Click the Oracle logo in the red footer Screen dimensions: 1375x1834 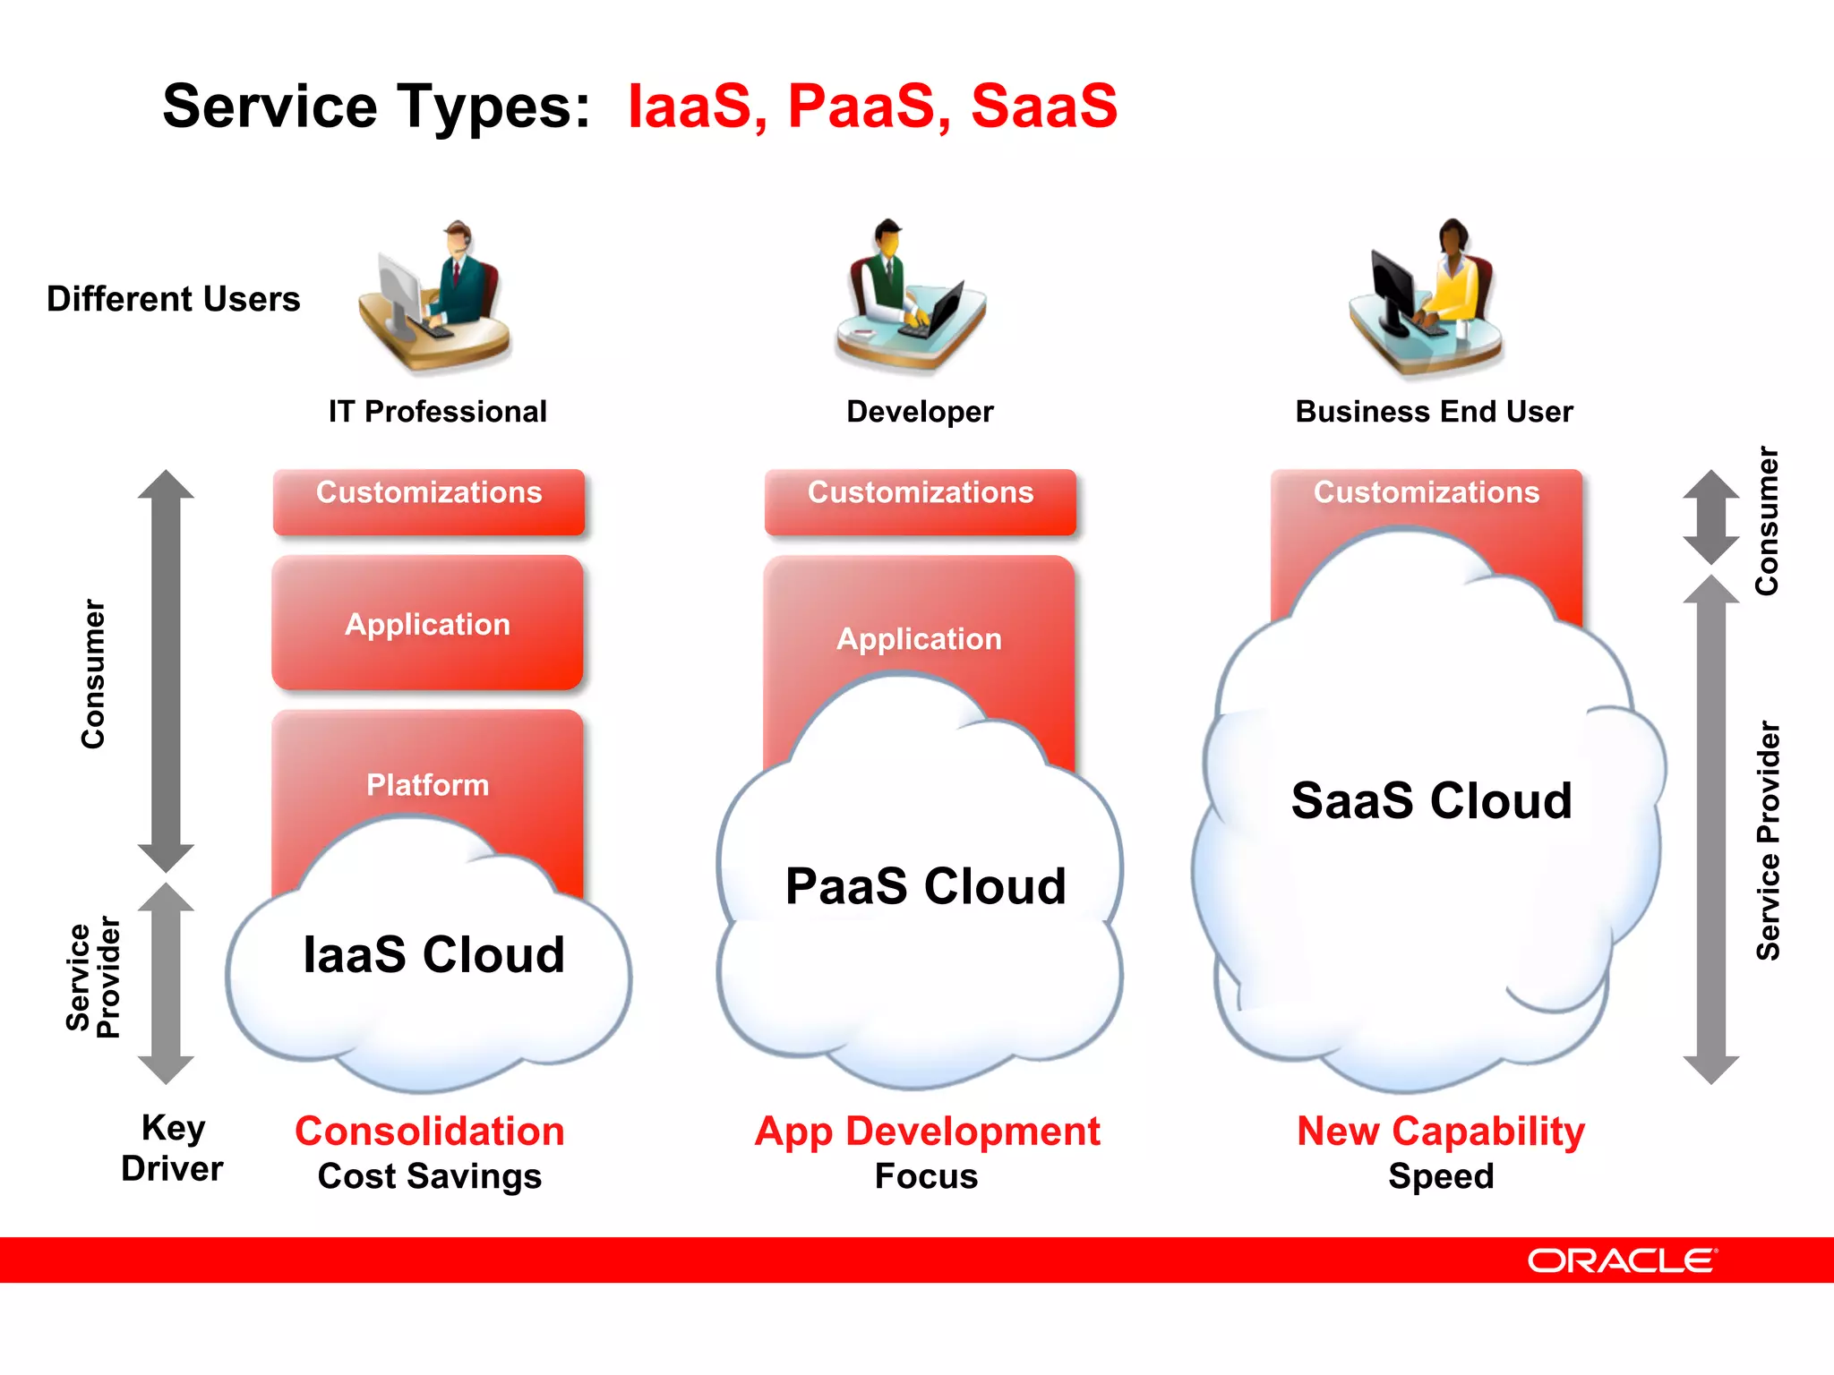(1621, 1260)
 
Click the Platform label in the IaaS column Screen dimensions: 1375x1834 (428, 785)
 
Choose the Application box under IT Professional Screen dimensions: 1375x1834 (428, 624)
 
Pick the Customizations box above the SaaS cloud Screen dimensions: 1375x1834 (1426, 492)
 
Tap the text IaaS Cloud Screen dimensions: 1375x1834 (433, 954)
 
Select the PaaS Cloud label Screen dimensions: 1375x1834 (925, 886)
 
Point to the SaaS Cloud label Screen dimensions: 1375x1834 (1431, 800)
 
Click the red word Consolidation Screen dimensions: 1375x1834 (430, 1132)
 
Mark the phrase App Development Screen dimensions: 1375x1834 (927, 1132)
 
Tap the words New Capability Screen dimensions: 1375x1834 (1440, 1132)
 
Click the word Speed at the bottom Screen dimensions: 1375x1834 (1440, 1176)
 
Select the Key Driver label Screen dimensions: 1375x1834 (172, 1149)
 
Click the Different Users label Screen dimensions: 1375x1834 (173, 299)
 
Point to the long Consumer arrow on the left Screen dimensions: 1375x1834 (166, 671)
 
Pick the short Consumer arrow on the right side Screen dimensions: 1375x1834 (1710, 517)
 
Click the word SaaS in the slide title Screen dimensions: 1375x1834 (1043, 107)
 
